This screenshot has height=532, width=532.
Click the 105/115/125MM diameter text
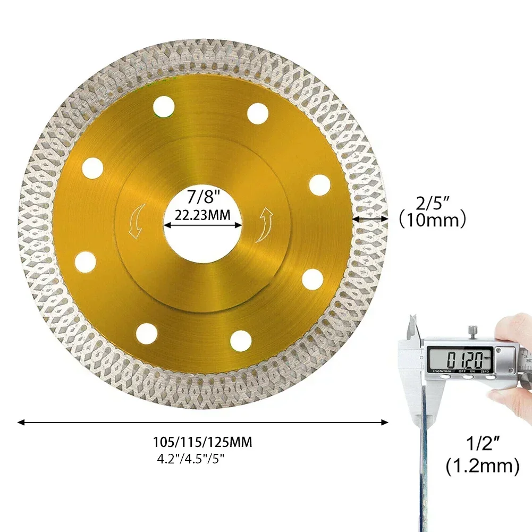coord(202,442)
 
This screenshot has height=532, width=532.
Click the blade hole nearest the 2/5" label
coord(319,185)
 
